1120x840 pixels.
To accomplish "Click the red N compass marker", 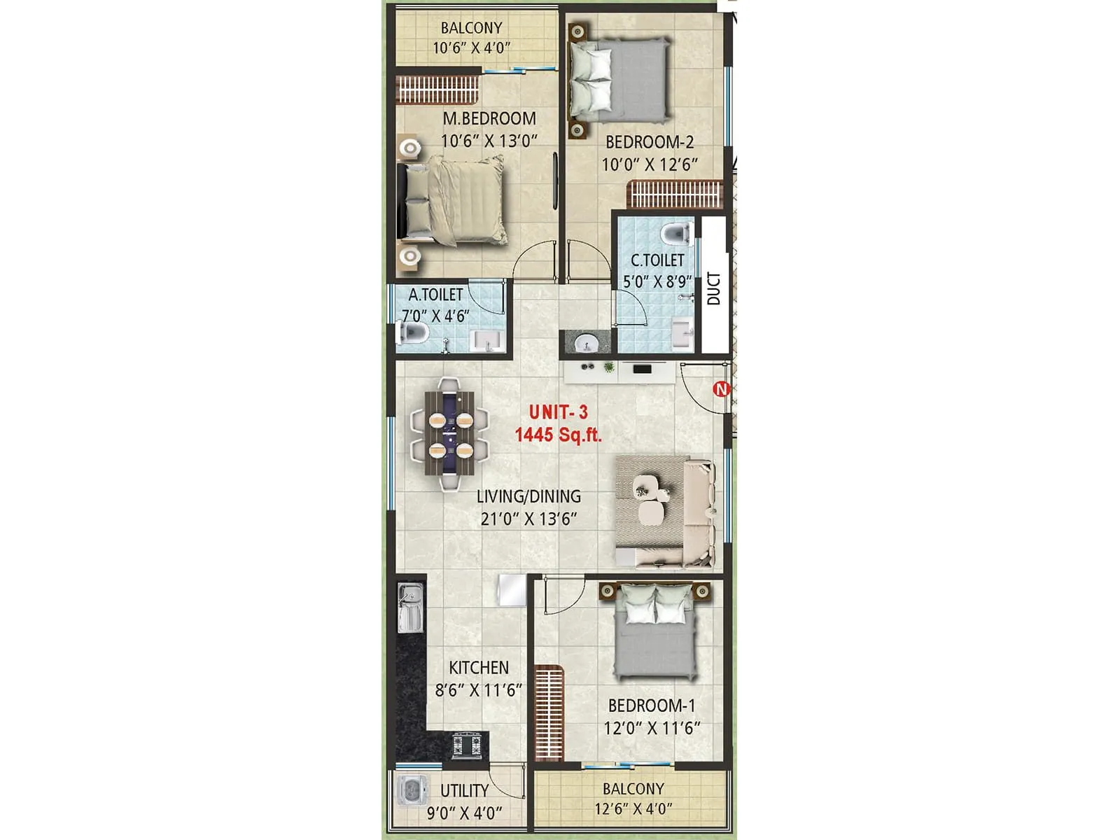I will [721, 388].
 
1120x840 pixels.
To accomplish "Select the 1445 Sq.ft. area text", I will [558, 435].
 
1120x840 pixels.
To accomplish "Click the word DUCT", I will [713, 288].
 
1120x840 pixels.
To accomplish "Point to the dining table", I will [449, 433].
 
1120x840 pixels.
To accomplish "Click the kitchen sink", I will [410, 608].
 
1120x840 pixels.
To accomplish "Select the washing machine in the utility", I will [411, 791].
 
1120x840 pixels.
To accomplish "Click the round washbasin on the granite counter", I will [585, 344].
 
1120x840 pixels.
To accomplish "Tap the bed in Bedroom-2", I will [619, 79].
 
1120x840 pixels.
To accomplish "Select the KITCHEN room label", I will [479, 668].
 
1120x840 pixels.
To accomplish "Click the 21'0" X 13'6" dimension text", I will [528, 519].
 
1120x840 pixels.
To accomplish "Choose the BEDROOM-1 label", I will [651, 706].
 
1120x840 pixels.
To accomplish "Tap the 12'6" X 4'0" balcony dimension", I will [633, 809].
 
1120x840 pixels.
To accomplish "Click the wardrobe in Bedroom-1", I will [549, 713].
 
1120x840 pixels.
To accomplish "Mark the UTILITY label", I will [464, 790].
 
